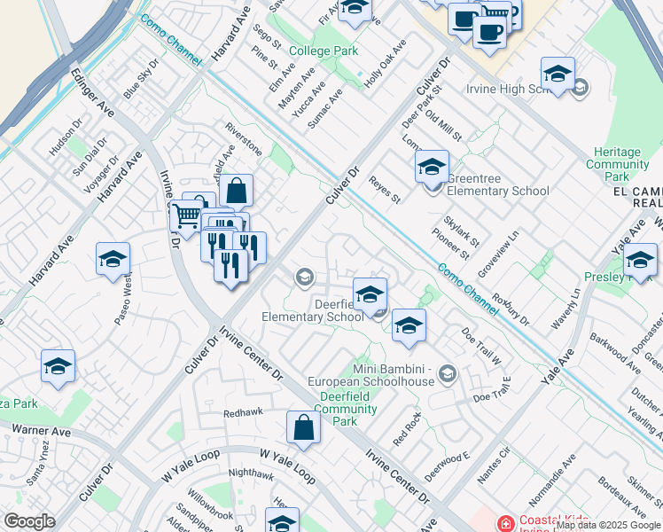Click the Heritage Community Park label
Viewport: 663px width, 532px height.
tap(618, 165)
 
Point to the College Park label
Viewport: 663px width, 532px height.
tap(324, 51)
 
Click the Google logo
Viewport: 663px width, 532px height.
tap(29, 521)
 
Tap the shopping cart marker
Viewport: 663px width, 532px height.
tap(186, 215)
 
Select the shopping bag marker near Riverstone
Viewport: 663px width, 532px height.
tap(237, 190)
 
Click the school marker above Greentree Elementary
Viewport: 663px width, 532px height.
tap(432, 166)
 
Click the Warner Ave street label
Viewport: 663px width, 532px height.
tap(41, 431)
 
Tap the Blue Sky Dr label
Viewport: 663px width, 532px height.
tap(141, 78)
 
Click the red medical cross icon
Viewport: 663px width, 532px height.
tap(506, 524)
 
